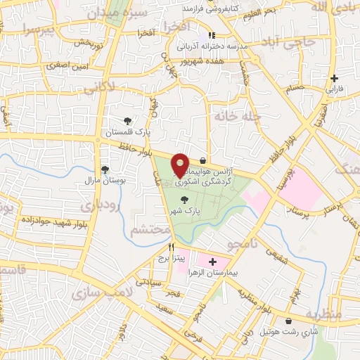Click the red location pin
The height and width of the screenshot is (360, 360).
[181, 164]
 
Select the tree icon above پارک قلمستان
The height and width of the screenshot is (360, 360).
[127, 122]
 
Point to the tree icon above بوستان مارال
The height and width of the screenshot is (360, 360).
[105, 169]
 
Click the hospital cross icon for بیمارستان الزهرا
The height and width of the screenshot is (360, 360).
[212, 262]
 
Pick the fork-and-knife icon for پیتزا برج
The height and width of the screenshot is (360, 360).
[172, 247]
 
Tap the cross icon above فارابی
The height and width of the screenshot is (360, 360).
[334, 78]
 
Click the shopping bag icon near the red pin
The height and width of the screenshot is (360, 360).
[203, 160]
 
